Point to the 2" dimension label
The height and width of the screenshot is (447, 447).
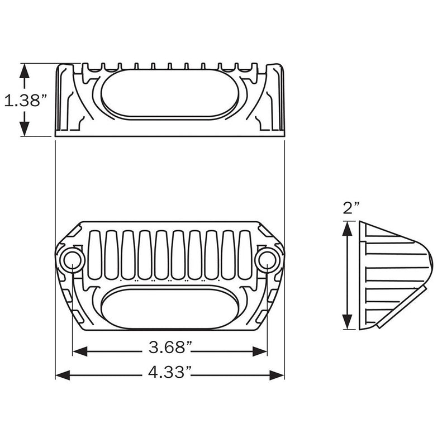pyautogui.click(x=350, y=208)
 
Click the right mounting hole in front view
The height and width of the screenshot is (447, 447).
pyautogui.click(x=267, y=259)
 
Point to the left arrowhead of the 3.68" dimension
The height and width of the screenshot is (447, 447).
pyautogui.click(x=80, y=351)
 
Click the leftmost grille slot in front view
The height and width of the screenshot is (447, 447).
pyautogui.click(x=95, y=254)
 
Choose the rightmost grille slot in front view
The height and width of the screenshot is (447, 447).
pyautogui.click(x=244, y=254)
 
